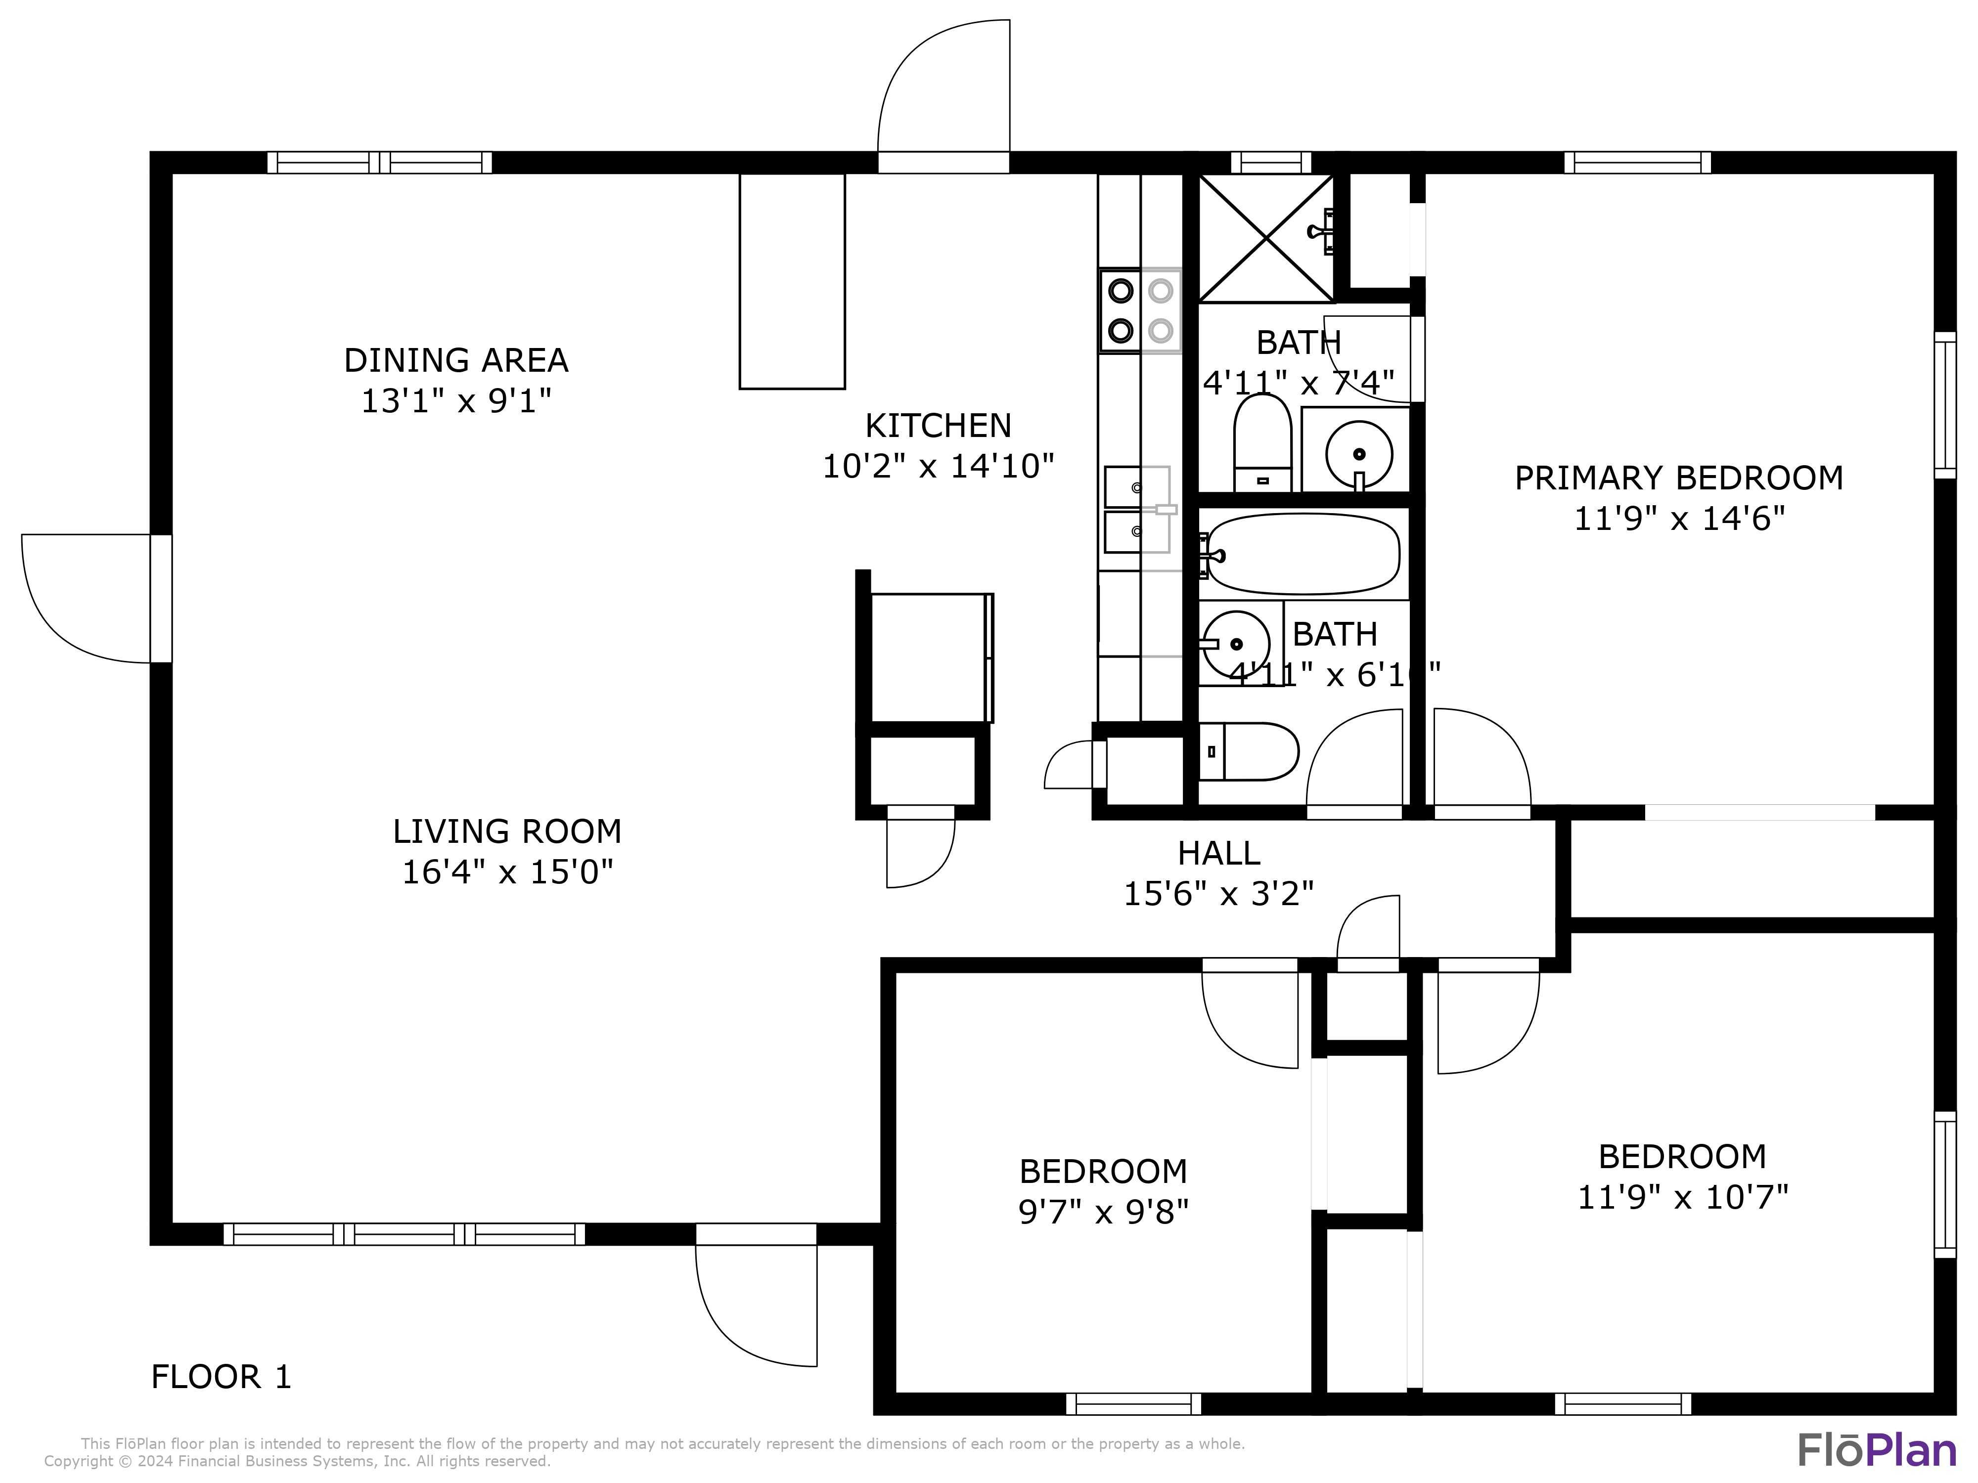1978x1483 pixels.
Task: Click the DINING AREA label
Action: [x=456, y=360]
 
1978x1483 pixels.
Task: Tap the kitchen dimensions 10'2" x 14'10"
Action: [x=938, y=466]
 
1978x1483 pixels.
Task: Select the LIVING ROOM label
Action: [x=507, y=831]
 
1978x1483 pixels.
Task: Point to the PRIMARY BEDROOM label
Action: [x=1678, y=478]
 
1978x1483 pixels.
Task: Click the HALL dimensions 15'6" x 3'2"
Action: [x=1218, y=893]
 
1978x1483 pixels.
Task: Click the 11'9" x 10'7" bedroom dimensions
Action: [x=1682, y=1196]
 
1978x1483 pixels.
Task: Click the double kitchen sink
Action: [x=1136, y=510]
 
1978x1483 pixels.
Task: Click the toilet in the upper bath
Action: [x=1262, y=442]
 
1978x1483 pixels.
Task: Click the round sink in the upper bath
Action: [x=1358, y=453]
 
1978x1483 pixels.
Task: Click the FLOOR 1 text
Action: [x=221, y=1377]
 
